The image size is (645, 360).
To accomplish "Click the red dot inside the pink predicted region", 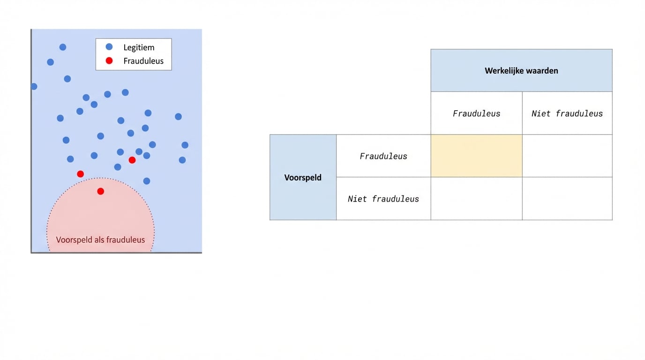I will [x=100, y=191].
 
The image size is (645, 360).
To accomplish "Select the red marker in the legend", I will [x=109, y=60].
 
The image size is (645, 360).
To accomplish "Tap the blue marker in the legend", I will [x=109, y=47].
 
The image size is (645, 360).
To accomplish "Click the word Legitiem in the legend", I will [x=139, y=47].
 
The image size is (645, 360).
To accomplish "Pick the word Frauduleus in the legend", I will [x=143, y=61].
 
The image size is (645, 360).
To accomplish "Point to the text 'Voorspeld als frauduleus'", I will [x=100, y=240].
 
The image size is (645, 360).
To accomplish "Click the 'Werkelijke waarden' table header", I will [x=521, y=71].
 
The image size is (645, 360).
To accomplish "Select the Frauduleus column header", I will [x=476, y=113].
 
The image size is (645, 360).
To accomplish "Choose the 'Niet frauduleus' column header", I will [x=567, y=113].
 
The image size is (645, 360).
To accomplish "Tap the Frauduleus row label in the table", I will [x=383, y=156].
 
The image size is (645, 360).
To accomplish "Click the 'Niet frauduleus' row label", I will [x=383, y=199].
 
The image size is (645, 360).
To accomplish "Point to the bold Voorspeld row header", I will [x=303, y=178].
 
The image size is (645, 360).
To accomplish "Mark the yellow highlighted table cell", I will [x=476, y=156].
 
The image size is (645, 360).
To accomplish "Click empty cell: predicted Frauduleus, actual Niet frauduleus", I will [x=567, y=156].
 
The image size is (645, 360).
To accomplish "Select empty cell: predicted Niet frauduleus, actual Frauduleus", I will [x=476, y=198].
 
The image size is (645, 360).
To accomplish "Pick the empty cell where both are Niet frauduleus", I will [x=567, y=198].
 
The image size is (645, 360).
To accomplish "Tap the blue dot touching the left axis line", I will [x=34, y=86].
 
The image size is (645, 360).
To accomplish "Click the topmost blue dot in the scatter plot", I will [x=63, y=47].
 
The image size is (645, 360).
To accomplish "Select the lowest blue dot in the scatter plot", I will [x=147, y=181].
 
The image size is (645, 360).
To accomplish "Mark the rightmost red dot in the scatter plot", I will [x=132, y=160].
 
